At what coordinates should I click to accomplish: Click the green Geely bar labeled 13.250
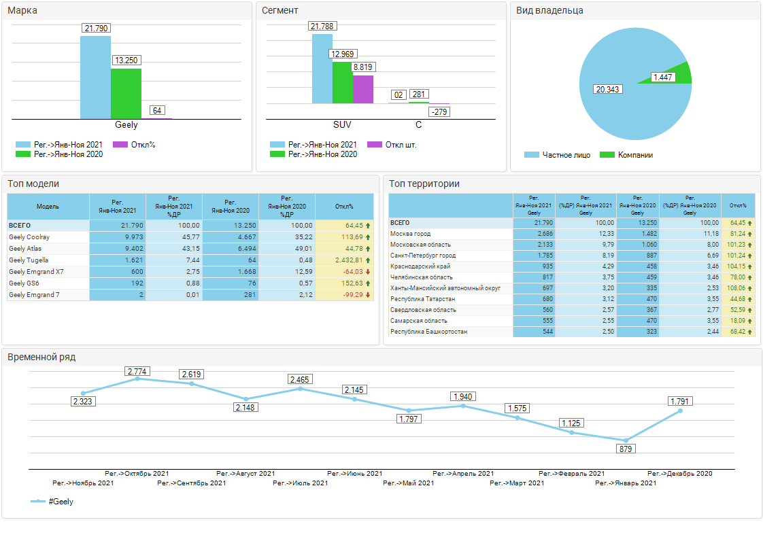click(x=126, y=93)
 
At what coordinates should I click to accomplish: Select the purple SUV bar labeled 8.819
click(x=363, y=90)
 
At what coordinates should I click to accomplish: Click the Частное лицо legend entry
click(x=557, y=155)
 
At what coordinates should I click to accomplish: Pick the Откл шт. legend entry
click(x=392, y=145)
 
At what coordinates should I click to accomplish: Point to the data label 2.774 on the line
click(x=137, y=372)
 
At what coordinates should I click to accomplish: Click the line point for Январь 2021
click(x=626, y=440)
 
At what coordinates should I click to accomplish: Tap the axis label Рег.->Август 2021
click(x=245, y=473)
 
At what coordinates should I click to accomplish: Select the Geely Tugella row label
click(x=29, y=260)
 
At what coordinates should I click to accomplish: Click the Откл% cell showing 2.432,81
click(x=349, y=260)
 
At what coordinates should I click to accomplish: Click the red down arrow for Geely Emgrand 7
click(x=368, y=295)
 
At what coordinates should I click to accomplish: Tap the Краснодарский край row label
click(x=420, y=266)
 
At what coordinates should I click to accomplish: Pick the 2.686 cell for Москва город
click(x=545, y=234)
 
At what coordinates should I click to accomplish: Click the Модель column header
click(x=48, y=206)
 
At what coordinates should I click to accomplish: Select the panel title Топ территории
click(x=424, y=184)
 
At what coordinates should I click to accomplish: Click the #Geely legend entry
click(x=52, y=501)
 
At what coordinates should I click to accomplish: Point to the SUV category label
click(x=342, y=124)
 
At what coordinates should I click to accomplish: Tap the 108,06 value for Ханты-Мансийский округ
click(x=736, y=288)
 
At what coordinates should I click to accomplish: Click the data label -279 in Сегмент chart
click(x=439, y=112)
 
